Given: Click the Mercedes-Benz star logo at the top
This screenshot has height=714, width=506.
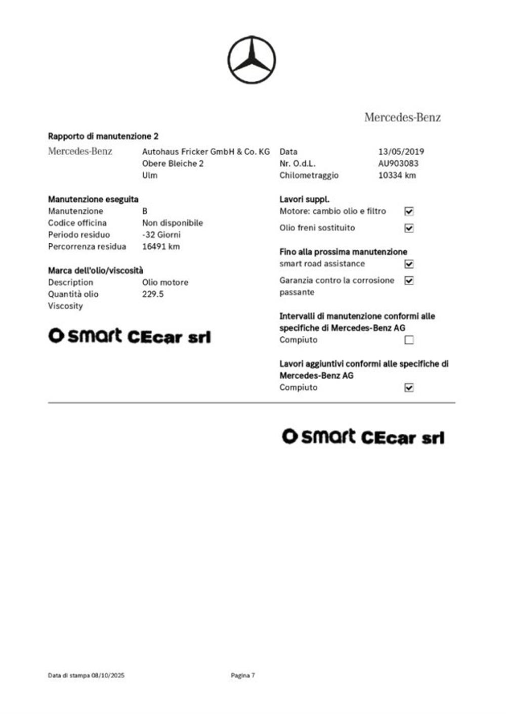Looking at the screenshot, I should (251, 60).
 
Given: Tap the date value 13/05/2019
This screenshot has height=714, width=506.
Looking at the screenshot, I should (401, 151).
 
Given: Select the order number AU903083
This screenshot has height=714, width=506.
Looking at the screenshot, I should (398, 163).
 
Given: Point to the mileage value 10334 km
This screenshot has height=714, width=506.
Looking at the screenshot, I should (397, 175).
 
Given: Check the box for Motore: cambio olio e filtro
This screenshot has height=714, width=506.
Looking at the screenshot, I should (409, 211).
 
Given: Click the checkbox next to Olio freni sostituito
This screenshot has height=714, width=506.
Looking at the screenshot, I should (409, 228).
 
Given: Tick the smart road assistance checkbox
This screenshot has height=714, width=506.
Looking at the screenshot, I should (409, 264).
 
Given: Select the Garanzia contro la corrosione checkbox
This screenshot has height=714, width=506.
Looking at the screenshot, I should (409, 281).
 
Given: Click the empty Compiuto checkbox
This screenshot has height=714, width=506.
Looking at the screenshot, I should (409, 340).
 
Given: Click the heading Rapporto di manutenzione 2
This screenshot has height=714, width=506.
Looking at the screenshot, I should (103, 136).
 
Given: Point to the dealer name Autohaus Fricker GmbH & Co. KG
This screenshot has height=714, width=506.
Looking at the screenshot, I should (206, 151).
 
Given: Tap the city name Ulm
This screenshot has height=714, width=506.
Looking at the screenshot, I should (150, 175).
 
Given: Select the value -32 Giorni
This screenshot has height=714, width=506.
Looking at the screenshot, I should (161, 235).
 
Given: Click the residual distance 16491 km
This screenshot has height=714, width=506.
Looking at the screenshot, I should (160, 247).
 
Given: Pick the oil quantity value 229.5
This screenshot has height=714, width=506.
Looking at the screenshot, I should (153, 294).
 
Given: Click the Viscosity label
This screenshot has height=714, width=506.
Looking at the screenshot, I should (65, 306).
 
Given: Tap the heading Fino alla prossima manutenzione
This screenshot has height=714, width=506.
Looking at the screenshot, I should (343, 252).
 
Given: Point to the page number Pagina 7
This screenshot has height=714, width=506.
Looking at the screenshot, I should (243, 675).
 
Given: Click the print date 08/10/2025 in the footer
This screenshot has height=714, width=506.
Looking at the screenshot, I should (108, 675).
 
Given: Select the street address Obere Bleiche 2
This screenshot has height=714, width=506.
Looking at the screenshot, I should (173, 163).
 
